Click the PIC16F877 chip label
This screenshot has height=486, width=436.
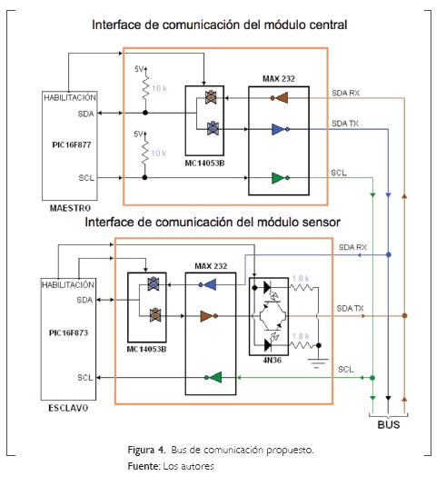point(72,144)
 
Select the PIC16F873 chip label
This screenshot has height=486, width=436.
point(68,332)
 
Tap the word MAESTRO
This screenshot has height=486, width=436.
point(70,208)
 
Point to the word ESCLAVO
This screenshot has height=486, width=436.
point(68,408)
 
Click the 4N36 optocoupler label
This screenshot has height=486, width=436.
point(272,360)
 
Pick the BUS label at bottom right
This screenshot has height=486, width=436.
point(389,424)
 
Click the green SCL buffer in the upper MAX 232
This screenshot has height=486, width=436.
point(281,178)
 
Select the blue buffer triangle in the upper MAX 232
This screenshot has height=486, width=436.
point(281,129)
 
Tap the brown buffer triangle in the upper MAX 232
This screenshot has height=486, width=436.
point(279,98)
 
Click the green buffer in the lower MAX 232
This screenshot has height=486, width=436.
point(213,378)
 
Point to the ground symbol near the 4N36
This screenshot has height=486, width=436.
point(318,363)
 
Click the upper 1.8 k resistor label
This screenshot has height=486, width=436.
point(301,278)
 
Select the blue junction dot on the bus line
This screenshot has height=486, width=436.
point(388,254)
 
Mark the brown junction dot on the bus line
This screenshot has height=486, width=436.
point(404,316)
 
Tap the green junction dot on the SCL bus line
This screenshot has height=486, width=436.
point(372,378)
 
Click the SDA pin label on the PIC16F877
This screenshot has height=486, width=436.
point(85,114)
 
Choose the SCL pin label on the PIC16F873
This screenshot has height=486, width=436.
point(85,378)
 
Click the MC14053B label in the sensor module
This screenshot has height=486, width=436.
point(146,350)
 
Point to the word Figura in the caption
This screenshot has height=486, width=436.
point(142,450)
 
